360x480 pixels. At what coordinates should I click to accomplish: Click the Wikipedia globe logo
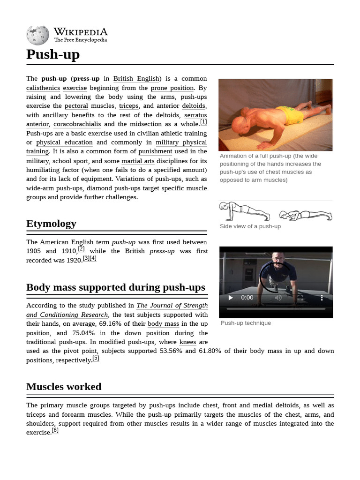pyautogui.click(x=37, y=35)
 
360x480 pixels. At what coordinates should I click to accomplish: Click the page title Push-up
pyautogui.click(x=53, y=54)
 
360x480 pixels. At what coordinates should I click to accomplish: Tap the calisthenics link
pyautogui.click(x=43, y=88)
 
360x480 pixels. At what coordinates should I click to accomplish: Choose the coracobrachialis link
pyautogui.click(x=77, y=124)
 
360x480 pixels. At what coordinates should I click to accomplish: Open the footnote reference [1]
pyautogui.click(x=203, y=122)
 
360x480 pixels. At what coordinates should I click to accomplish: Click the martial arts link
pyautogui.click(x=138, y=161)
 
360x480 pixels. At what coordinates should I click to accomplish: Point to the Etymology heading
pyautogui.click(x=51, y=224)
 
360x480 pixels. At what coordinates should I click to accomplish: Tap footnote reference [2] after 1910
pyautogui.click(x=81, y=249)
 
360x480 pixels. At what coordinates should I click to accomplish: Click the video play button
pyautogui.click(x=230, y=298)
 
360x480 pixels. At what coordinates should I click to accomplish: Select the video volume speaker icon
pyautogui.click(x=278, y=298)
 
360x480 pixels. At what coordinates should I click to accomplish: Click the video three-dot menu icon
pyautogui.click(x=322, y=298)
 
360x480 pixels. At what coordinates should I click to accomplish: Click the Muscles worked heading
pyautogui.click(x=64, y=387)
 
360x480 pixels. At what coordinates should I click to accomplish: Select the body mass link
pyautogui.click(x=163, y=324)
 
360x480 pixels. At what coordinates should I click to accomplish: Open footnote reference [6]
pyautogui.click(x=55, y=430)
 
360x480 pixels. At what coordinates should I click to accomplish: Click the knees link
pyautogui.click(x=187, y=342)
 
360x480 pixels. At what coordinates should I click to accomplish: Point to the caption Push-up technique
pyautogui.click(x=246, y=323)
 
